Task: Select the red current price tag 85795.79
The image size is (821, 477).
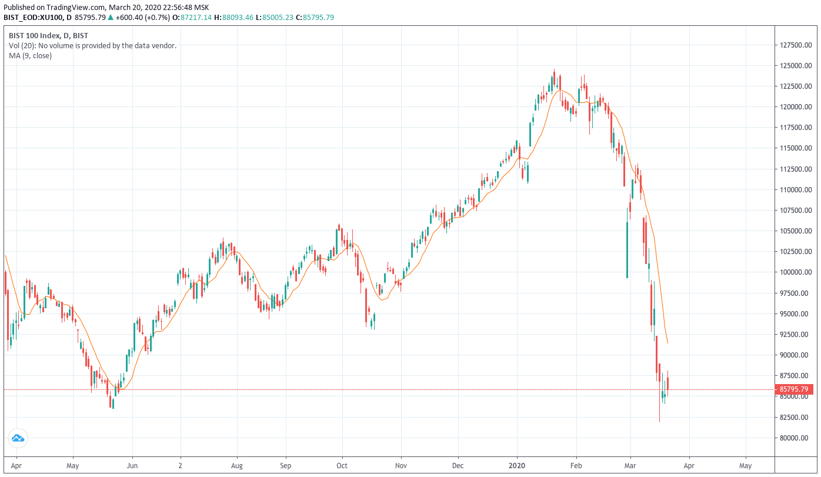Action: (794, 389)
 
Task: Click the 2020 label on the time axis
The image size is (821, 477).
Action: (517, 466)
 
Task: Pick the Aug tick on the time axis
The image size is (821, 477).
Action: (237, 466)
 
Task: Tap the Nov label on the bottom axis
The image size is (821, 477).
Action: (401, 466)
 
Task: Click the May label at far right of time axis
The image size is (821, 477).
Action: (745, 466)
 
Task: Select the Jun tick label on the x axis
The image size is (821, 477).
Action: (132, 466)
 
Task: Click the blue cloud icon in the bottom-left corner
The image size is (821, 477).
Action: (18, 438)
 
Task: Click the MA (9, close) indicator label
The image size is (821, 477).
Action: (30, 56)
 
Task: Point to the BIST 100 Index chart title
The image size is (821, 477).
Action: (34, 35)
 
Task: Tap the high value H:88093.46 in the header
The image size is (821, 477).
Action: (234, 17)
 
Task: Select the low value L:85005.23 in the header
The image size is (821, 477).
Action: (275, 17)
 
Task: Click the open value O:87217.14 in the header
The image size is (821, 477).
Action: (192, 17)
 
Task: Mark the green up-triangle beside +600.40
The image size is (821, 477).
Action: (111, 17)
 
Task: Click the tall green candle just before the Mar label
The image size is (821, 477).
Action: (627, 243)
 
